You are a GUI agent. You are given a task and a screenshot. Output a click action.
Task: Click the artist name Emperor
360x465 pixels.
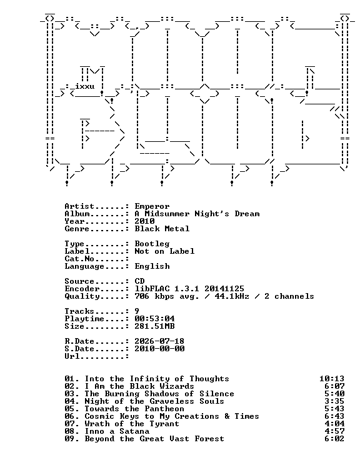point(152,206)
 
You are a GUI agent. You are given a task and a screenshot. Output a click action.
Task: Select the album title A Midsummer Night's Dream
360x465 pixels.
point(197,214)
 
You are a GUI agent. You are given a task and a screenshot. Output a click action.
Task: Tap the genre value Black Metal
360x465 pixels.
point(162,229)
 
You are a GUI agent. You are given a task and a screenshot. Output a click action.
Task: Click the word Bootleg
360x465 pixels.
point(152,244)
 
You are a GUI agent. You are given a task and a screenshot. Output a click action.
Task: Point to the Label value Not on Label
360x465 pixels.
point(164,251)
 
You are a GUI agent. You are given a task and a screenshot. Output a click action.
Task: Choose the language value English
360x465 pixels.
point(152,266)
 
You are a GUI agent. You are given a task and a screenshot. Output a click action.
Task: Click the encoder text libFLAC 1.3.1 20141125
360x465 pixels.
point(189,289)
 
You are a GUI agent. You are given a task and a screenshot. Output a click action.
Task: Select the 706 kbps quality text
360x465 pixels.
point(154,296)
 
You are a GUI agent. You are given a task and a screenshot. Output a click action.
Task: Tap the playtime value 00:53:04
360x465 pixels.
point(154,319)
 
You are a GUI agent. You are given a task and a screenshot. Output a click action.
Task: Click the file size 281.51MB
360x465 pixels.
point(154,326)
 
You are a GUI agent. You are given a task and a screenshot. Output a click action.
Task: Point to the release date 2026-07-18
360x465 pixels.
point(159,341)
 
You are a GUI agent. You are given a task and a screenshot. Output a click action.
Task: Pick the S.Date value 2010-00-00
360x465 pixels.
point(159,349)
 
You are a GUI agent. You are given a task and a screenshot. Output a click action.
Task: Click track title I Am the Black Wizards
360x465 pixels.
point(139,386)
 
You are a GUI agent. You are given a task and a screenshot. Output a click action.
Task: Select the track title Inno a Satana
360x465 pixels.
point(117,431)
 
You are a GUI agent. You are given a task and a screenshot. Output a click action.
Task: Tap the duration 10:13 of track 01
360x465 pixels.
point(332,379)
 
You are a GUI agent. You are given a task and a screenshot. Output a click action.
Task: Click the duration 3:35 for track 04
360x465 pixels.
point(334,401)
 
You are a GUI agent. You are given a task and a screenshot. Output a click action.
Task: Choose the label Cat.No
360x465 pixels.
point(79,259)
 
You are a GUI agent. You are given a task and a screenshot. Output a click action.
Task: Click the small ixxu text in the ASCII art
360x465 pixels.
point(84,86)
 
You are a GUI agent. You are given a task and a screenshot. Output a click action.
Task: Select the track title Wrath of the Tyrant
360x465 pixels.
point(132,424)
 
